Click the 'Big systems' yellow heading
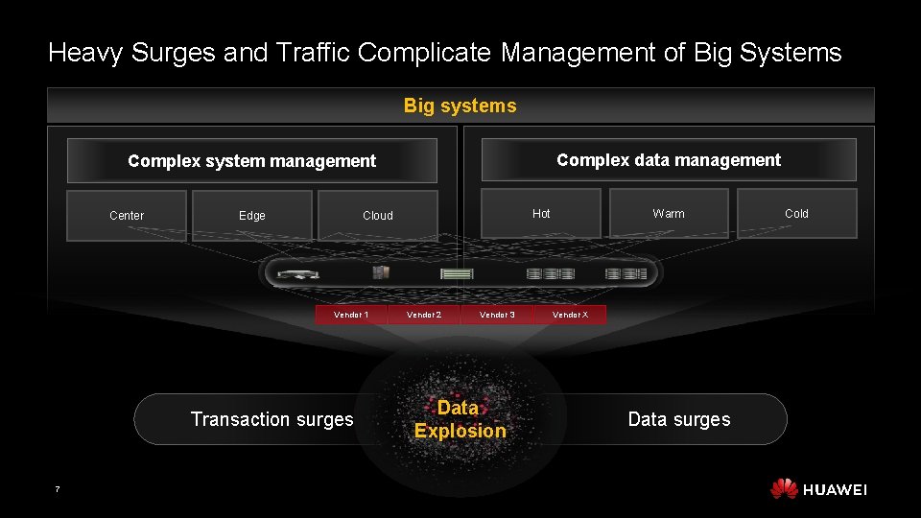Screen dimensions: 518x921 point(460,106)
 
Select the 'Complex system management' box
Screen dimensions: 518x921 point(251,160)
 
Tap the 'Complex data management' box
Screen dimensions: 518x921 point(669,160)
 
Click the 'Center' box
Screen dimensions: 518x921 point(127,215)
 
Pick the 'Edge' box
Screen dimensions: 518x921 point(252,215)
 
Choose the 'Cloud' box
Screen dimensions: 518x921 point(378,215)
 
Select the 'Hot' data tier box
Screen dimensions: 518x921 point(541,213)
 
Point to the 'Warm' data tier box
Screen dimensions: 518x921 point(669,213)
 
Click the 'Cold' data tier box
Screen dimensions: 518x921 point(796,213)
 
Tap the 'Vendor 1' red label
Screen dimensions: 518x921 point(351,315)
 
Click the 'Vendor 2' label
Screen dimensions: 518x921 point(424,315)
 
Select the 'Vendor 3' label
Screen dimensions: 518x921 point(497,315)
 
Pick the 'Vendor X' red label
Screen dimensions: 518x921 point(570,315)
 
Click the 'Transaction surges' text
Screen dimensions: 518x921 point(272,419)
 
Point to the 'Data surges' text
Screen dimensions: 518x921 point(678,419)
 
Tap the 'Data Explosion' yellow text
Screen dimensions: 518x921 point(460,419)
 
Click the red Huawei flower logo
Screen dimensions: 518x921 point(784,489)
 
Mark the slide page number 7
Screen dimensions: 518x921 point(57,490)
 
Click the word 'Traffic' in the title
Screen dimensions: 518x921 point(312,52)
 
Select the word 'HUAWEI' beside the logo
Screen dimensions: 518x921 point(835,490)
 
